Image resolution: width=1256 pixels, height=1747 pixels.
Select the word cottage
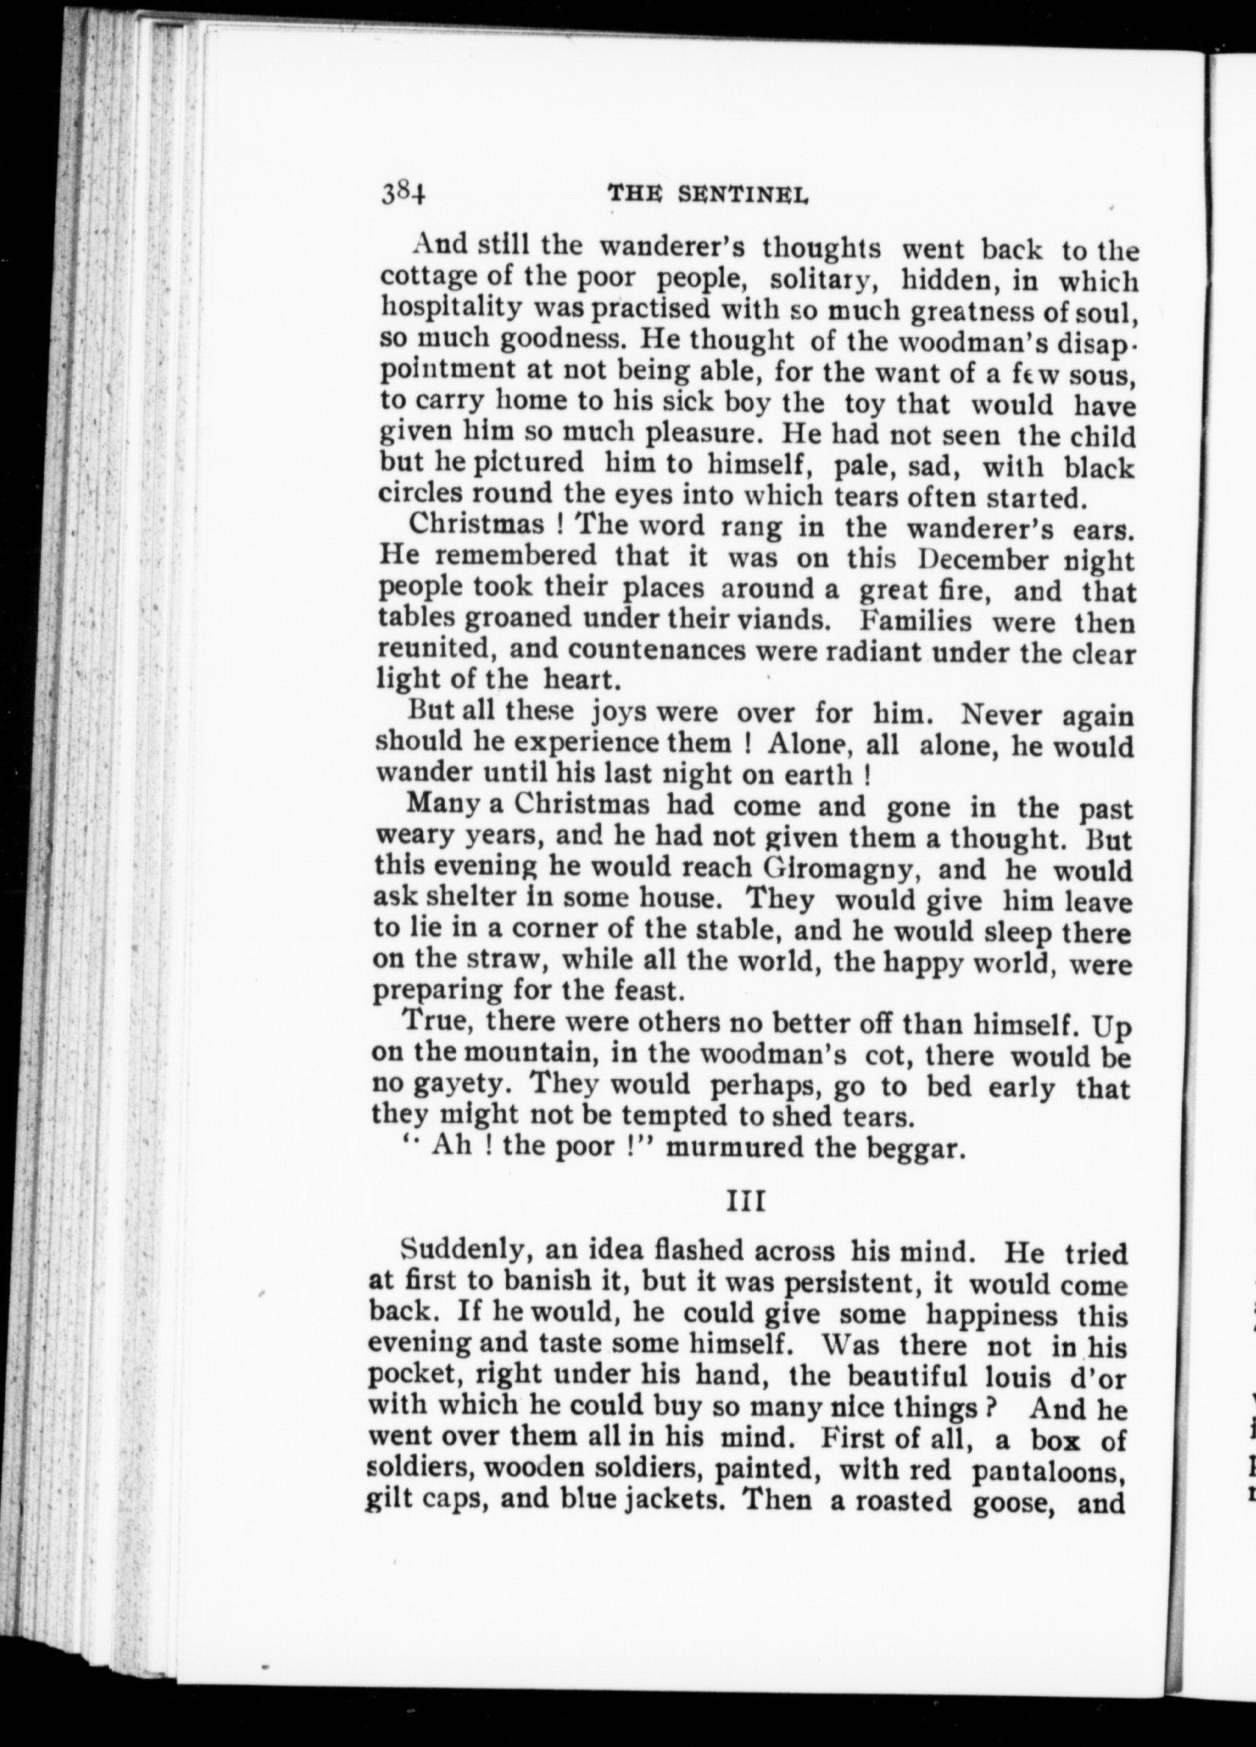(443, 277)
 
